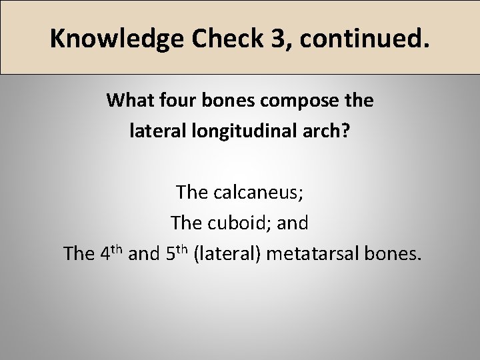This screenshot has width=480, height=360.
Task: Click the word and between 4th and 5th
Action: click(x=142, y=253)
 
